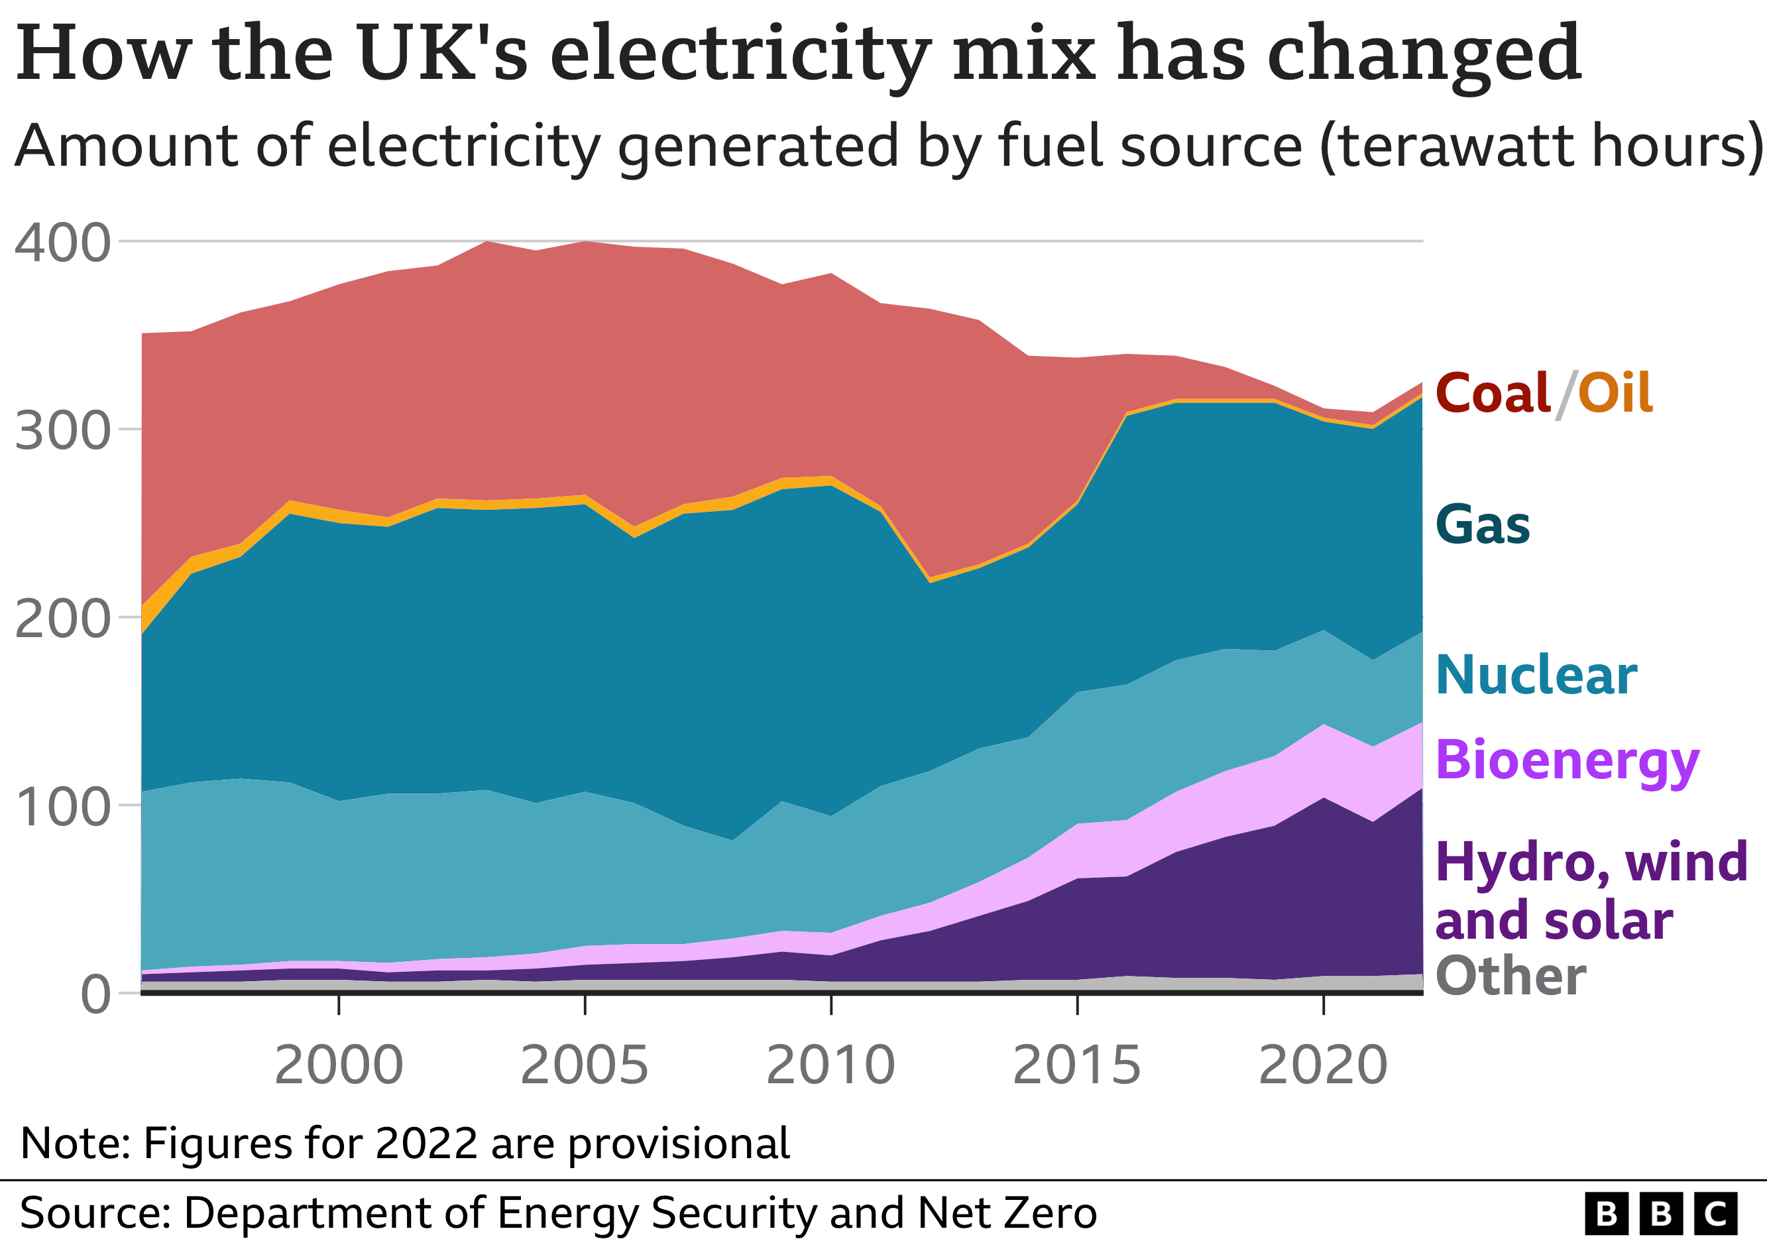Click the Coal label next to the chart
1491,393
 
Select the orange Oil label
1615,393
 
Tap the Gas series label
1482,526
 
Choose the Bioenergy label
1567,760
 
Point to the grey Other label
1510,977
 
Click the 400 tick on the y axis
62,244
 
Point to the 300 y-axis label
62,432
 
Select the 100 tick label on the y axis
62,808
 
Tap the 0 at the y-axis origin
95,995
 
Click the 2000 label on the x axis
339,1065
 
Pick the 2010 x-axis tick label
830,1065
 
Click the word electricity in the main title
740,54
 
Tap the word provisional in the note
678,1144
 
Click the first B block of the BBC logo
1606,1214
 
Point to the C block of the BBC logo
1715,1214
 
